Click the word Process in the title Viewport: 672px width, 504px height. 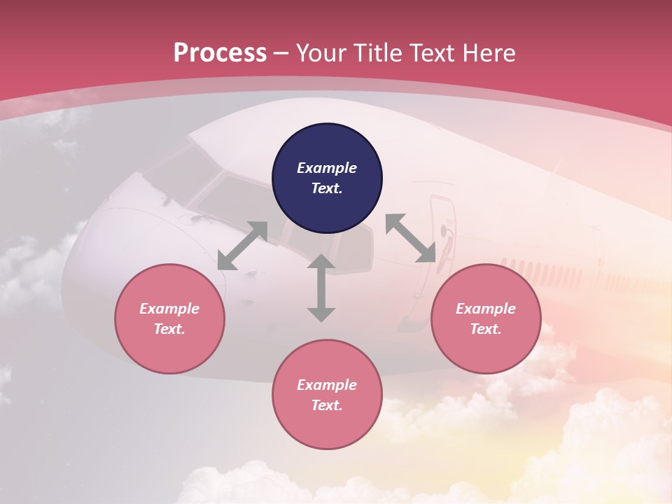(220, 53)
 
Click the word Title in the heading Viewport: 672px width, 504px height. (378, 53)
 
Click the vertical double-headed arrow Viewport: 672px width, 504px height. (321, 288)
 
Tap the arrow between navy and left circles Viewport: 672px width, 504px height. (242, 246)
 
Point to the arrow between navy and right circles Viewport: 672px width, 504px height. (411, 238)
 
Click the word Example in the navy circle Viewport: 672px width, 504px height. (327, 168)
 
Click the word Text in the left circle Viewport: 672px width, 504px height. (169, 329)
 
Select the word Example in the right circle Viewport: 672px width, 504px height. (486, 309)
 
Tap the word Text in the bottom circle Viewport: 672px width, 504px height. (326, 405)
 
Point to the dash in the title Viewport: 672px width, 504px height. (281, 53)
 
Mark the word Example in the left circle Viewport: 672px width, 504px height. (169, 309)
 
